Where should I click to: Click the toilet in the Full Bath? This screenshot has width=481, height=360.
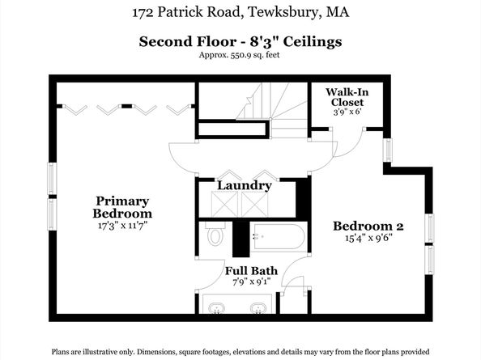215,235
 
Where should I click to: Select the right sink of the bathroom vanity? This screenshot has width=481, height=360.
258,308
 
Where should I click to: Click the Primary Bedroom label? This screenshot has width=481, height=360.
123,207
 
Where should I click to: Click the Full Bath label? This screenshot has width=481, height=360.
251,271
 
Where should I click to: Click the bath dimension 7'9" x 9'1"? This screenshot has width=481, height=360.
251,282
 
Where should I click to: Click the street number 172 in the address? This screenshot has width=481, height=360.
142,13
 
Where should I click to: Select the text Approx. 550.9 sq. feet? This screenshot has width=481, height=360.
240,55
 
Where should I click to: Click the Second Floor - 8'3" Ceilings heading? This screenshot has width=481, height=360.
240,41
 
